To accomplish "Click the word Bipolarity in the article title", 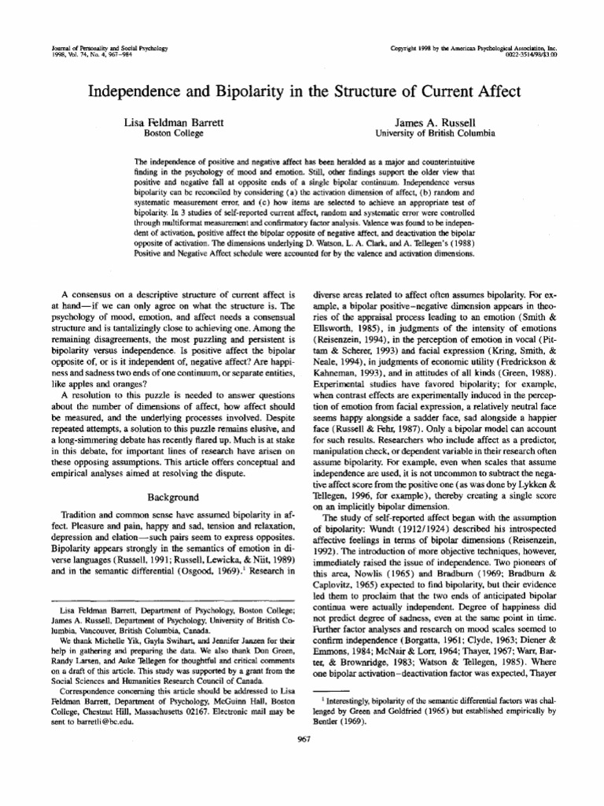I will [228, 91].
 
